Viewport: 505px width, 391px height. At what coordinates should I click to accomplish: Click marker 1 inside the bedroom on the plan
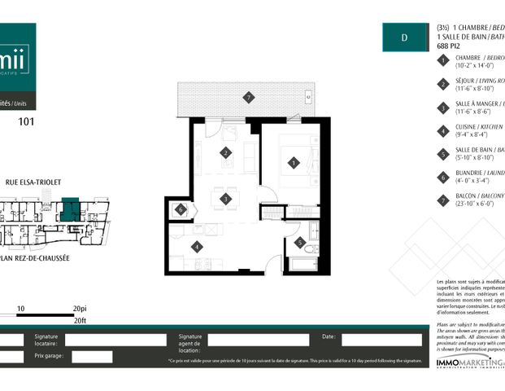coord(293,163)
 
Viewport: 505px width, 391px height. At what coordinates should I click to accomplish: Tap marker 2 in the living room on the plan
coord(225,152)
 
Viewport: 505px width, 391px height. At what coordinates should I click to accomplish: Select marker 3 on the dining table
coord(225,198)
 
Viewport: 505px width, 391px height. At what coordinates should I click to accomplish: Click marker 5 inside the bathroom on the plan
coord(300,243)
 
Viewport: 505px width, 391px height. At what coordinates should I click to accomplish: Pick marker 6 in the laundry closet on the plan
coord(181,209)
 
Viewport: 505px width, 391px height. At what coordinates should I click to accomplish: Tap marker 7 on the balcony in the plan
coord(249,98)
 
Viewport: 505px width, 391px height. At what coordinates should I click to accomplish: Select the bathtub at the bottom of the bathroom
coord(304,265)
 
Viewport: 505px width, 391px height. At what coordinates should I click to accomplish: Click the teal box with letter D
coord(404,37)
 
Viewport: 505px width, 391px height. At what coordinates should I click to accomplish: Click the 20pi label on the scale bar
coord(79,310)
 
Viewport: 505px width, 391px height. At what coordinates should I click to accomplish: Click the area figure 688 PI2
coord(448,46)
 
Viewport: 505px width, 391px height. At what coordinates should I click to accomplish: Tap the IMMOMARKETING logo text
coord(468,362)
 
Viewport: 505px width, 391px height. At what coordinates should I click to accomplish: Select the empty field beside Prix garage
coord(91,357)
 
